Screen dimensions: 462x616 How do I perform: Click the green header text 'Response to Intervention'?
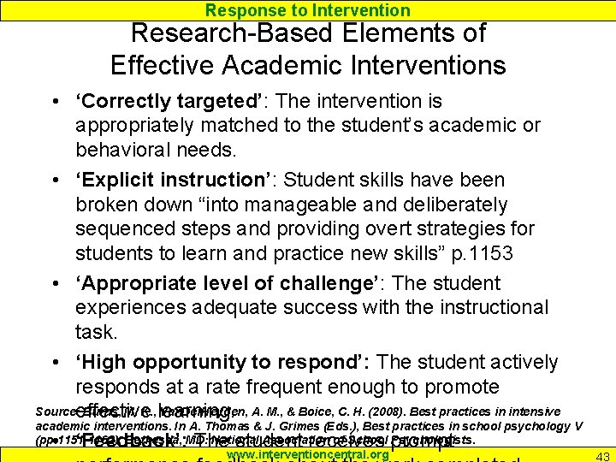coord(308,10)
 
